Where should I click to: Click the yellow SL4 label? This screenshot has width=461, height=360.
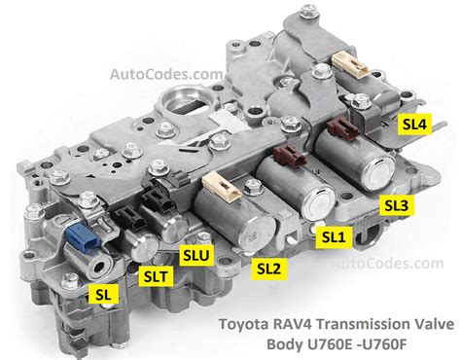point(415,125)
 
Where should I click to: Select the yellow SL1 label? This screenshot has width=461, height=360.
point(333,234)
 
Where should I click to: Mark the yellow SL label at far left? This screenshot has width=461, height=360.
point(100,292)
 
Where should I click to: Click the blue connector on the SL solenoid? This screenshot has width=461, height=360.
point(80,234)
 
